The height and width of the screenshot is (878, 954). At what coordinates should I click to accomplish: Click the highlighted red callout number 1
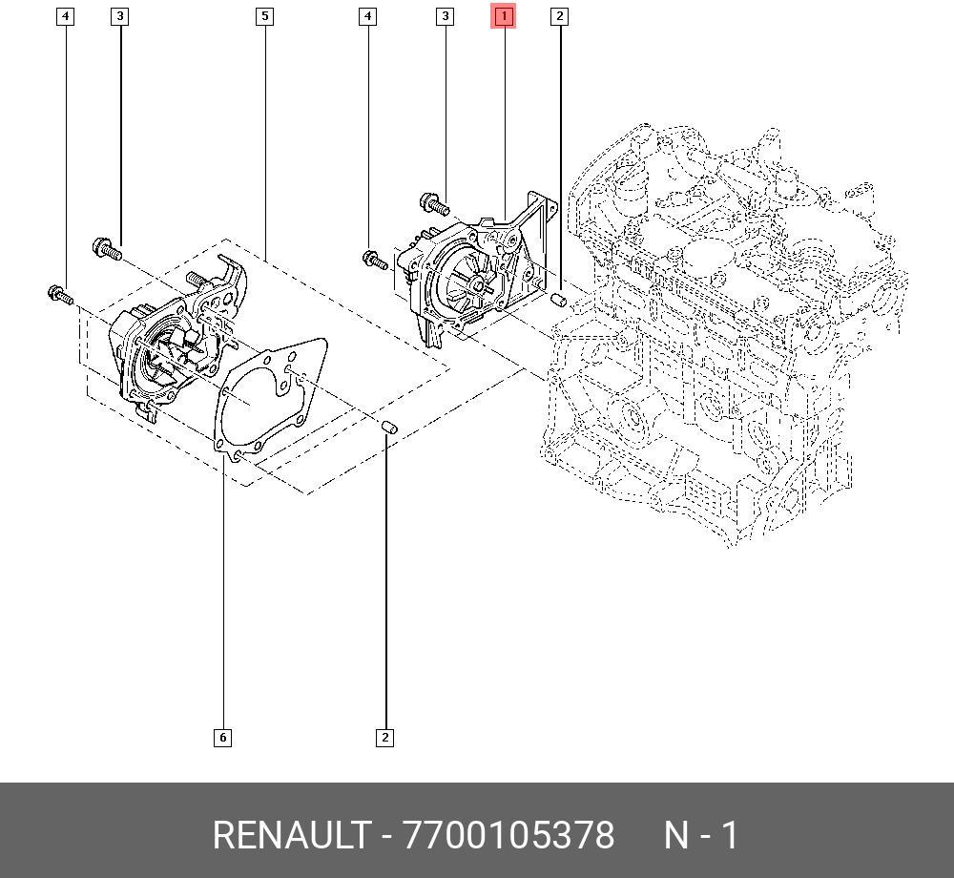504,16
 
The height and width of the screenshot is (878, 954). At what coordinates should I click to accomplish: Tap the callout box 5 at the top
264,16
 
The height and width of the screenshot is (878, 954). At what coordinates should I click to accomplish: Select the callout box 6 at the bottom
222,738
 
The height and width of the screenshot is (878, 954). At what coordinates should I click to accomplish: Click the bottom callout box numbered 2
384,738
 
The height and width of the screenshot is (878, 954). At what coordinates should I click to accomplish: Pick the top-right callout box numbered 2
559,16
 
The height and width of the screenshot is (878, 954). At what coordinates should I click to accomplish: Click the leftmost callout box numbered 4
65,16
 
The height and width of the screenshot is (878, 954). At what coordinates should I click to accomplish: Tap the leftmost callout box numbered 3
120,16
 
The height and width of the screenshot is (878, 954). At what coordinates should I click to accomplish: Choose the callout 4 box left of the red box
367,16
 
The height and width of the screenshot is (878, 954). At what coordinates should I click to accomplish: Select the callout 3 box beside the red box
446,16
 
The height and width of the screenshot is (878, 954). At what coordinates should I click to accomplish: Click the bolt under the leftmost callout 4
60,295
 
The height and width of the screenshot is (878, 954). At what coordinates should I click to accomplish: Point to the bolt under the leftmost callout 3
107,249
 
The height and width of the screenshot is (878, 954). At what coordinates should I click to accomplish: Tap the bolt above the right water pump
435,203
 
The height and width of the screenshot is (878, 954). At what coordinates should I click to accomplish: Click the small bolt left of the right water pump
375,261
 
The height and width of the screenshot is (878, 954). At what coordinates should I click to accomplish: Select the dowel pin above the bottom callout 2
389,428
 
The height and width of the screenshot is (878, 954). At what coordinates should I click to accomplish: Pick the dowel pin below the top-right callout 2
558,299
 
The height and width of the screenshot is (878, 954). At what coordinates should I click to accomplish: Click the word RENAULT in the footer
291,835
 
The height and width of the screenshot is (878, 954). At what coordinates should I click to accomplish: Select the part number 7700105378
508,835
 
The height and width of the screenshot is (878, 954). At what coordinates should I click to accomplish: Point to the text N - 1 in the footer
701,835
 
